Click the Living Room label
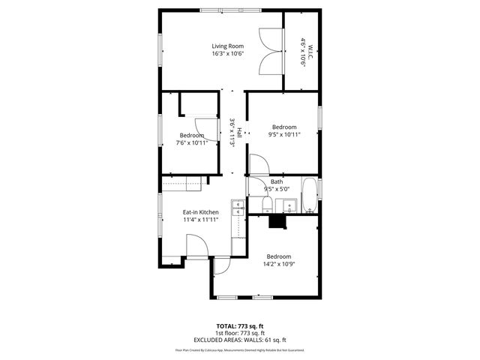[x=227, y=46]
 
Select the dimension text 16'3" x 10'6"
[x=227, y=54]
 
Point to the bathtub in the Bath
[x=309, y=196]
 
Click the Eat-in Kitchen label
[x=201, y=212]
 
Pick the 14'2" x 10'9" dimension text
[x=277, y=264]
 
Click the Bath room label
[x=277, y=182]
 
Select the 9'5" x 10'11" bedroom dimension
[x=284, y=135]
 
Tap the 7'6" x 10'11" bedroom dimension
[x=191, y=142]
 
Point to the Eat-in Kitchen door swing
[x=197, y=246]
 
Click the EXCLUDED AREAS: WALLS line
[x=240, y=340]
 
